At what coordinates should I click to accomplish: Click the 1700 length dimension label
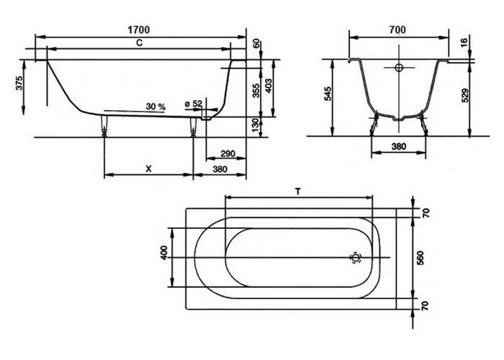(139, 30)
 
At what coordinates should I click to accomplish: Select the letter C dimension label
(139, 42)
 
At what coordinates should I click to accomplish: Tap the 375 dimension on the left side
(19, 83)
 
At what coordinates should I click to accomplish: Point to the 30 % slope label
(156, 107)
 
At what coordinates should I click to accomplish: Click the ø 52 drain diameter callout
(194, 104)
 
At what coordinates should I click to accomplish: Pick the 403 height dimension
(269, 86)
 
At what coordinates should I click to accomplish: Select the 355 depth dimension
(256, 91)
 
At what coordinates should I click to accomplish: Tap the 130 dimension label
(256, 125)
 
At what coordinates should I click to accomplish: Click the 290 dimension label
(228, 153)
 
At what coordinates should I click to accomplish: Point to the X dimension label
(148, 168)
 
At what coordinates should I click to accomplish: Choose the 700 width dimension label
(397, 30)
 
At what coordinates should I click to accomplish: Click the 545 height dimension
(328, 94)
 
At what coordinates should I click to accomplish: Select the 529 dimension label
(465, 96)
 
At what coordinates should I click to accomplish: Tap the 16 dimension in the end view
(464, 42)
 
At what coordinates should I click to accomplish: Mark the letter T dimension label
(297, 192)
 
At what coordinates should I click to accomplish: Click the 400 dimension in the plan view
(164, 253)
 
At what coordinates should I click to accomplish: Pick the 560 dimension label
(420, 258)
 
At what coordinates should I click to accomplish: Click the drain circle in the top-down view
(356, 258)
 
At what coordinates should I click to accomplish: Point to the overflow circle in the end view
(399, 68)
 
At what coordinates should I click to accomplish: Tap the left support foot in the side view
(104, 126)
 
